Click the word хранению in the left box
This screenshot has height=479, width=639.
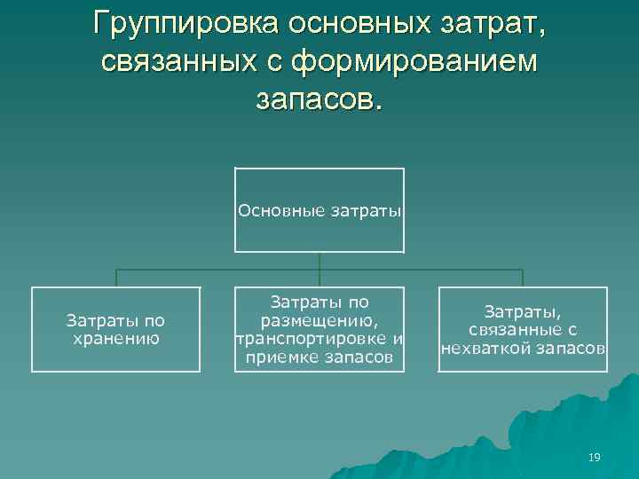tap(116, 338)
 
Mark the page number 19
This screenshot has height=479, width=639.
tap(594, 457)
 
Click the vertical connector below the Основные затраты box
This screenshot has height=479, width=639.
tap(319, 261)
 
